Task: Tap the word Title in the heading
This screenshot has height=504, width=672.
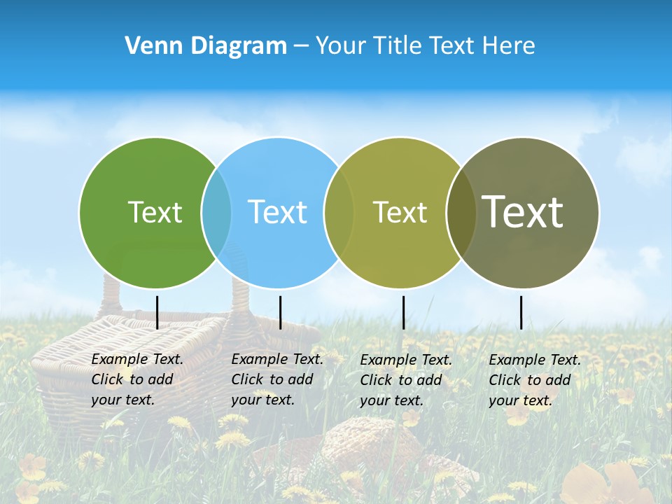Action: tap(397, 45)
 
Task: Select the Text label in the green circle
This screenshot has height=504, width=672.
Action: tap(155, 212)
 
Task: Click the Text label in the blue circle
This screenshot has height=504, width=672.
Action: tap(277, 212)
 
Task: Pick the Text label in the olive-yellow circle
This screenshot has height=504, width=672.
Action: tap(400, 212)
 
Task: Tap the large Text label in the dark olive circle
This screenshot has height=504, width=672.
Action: tap(523, 211)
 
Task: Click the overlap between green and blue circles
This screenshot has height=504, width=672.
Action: tap(216, 213)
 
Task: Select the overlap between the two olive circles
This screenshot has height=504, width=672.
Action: tap(461, 213)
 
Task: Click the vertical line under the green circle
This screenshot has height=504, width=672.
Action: tap(157, 312)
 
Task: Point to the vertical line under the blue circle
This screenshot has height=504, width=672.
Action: tap(280, 312)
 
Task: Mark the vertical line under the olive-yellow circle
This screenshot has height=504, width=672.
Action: tap(403, 312)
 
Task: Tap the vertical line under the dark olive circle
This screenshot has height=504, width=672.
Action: tap(521, 312)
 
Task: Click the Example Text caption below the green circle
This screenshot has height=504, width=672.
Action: tap(136, 379)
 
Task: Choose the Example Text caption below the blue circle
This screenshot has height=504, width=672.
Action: tap(276, 379)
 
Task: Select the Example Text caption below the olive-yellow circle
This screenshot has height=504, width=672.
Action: tap(405, 380)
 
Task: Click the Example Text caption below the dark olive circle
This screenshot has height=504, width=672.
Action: tap(534, 380)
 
